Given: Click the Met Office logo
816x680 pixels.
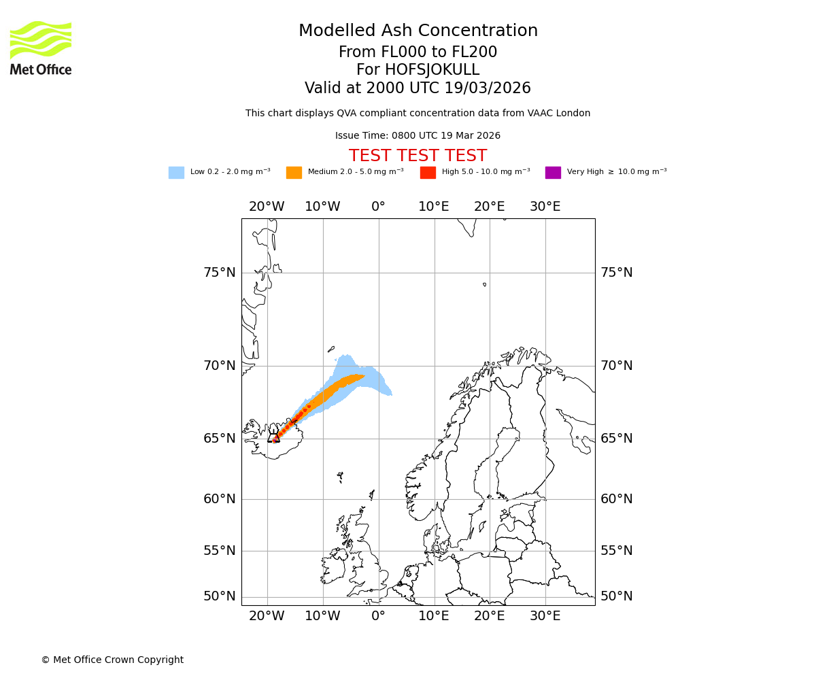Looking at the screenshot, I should [x=41, y=48].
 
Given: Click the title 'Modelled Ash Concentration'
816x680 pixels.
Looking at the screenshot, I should [x=418, y=31].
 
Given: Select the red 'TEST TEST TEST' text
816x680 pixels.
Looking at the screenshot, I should [x=418, y=156].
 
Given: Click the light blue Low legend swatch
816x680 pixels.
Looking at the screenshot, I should [x=176, y=173].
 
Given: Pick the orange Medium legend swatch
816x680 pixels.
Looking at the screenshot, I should [x=294, y=173].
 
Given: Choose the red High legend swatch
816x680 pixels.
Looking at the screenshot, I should [x=428, y=173].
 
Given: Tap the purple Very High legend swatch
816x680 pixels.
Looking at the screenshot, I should [x=553, y=173].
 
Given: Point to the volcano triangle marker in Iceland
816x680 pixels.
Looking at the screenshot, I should [x=273, y=437].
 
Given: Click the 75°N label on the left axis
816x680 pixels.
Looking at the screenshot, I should [x=220, y=273].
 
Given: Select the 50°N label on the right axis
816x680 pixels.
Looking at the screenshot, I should [x=616, y=596].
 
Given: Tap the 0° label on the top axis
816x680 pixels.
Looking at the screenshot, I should [x=378, y=207].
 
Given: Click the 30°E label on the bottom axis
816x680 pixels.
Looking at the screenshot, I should [x=545, y=616].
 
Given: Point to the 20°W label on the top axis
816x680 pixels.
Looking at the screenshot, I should [x=267, y=207].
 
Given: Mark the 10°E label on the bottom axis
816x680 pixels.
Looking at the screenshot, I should [x=434, y=616].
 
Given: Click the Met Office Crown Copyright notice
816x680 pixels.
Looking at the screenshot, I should [x=112, y=660].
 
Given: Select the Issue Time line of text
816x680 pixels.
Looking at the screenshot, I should [x=418, y=136].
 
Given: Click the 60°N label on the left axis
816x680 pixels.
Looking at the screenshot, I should [x=220, y=499].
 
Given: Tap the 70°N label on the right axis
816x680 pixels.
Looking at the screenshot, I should [x=616, y=366].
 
